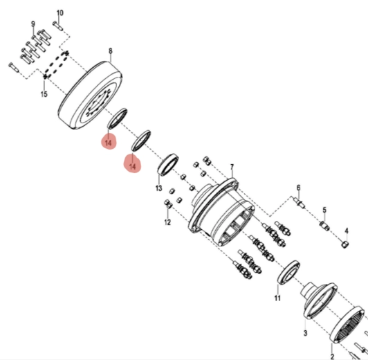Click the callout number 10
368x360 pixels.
click(x=60, y=12)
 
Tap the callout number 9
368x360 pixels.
click(x=33, y=24)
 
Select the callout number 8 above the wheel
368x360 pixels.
click(x=111, y=51)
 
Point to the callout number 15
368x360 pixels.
click(x=44, y=94)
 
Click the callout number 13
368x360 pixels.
click(x=159, y=188)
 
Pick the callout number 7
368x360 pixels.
click(x=232, y=167)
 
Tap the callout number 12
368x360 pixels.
click(x=167, y=222)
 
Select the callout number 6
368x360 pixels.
click(x=298, y=188)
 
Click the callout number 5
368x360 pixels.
click(x=324, y=210)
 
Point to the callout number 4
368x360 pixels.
click(x=347, y=231)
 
